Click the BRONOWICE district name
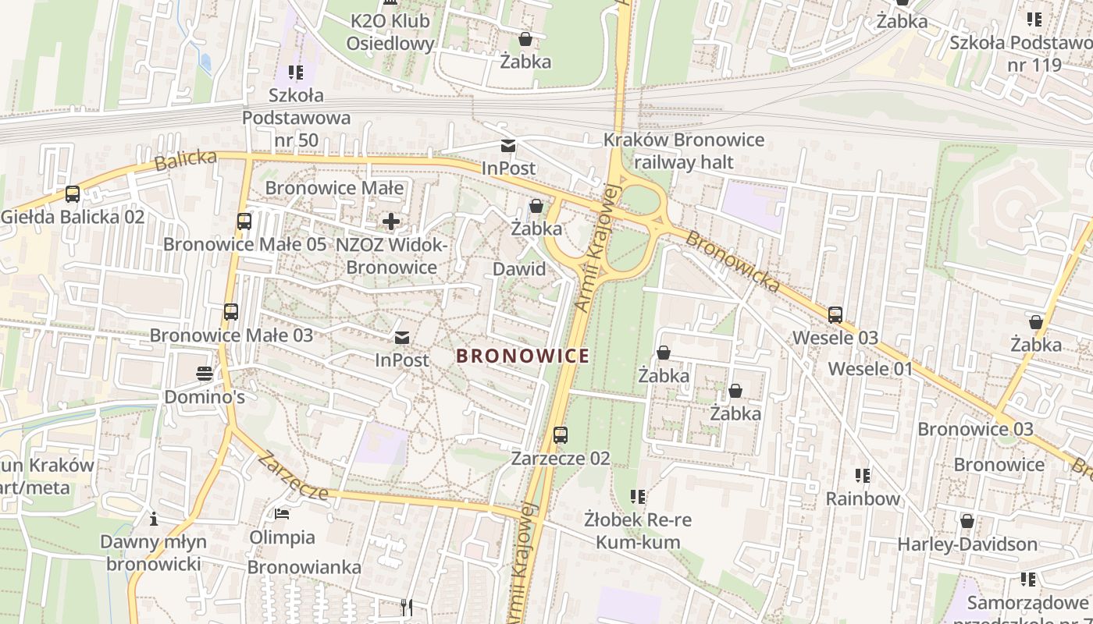click(522, 356)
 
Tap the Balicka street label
click(186, 160)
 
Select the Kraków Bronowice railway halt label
click(683, 151)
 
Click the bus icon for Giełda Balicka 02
click(73, 194)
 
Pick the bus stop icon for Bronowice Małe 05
click(244, 222)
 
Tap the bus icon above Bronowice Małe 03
click(231, 312)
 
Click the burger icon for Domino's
click(205, 374)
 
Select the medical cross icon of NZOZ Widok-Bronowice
click(391, 222)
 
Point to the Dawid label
click(519, 269)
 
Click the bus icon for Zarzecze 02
click(561, 435)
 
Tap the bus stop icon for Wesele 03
click(835, 315)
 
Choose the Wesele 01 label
click(870, 368)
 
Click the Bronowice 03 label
click(975, 429)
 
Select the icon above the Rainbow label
click(863, 475)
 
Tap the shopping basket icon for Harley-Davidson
click(967, 521)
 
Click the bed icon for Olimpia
click(282, 514)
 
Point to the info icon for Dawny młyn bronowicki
click(154, 519)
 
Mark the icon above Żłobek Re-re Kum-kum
click(638, 496)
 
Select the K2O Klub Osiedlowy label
click(390, 32)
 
